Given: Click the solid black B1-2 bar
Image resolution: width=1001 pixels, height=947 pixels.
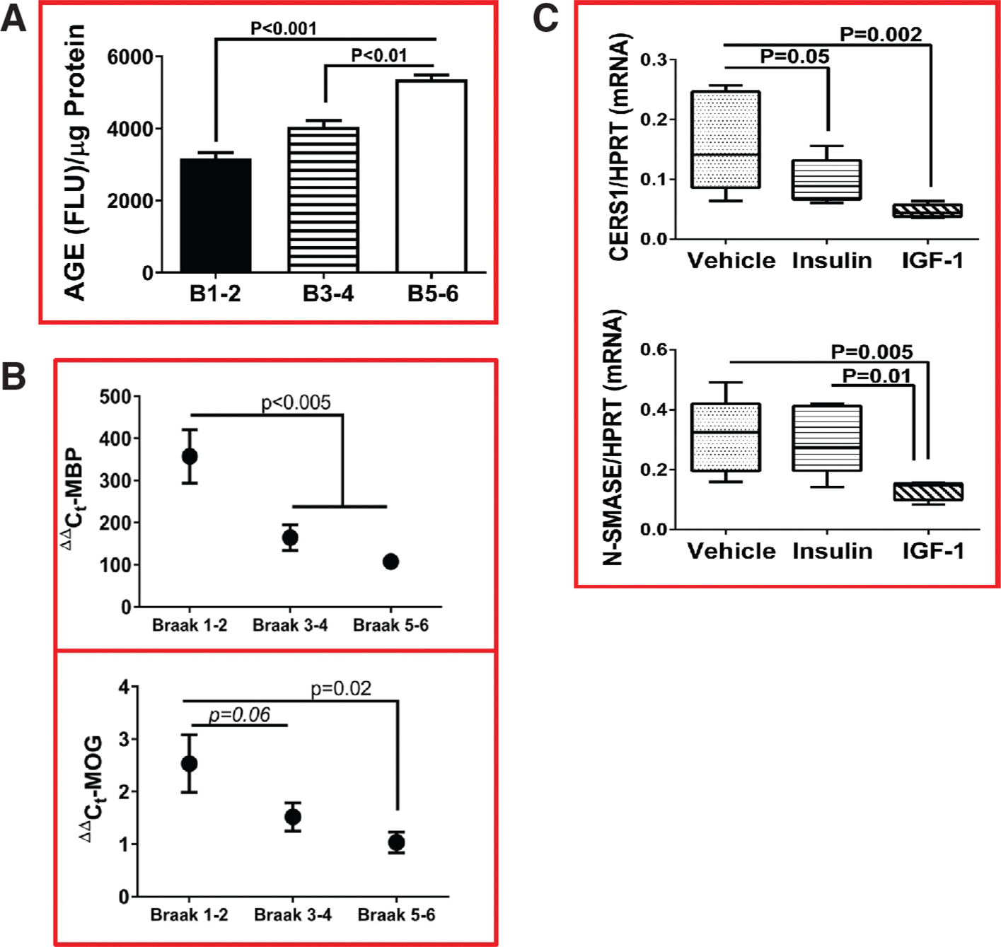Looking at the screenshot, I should point(216,215).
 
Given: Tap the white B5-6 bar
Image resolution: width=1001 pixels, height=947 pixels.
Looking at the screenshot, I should point(432,176).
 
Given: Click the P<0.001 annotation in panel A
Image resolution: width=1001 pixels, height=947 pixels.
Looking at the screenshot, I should point(284,28).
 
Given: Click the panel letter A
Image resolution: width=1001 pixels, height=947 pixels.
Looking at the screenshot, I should point(14,19).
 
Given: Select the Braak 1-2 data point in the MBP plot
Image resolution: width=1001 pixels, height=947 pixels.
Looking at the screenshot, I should point(190,456).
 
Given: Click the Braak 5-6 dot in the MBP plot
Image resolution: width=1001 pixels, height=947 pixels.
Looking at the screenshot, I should point(390,562).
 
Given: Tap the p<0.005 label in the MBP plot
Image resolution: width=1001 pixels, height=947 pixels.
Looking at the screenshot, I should point(296,402).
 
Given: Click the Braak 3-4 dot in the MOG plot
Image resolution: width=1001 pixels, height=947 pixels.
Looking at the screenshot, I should point(293,817).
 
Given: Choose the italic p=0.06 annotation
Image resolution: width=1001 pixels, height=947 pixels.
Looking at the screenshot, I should point(240,715).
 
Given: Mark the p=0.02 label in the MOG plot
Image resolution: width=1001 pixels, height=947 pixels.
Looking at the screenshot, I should point(341,688).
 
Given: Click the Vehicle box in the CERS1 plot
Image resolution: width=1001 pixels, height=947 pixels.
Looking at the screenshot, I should point(726,139).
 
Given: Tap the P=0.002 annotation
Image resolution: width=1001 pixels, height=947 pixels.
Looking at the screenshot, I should point(881,34).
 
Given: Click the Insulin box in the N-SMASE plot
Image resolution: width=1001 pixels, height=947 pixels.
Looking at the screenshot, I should point(827,438).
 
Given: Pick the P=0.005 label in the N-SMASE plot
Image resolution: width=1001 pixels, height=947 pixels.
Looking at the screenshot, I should point(872,352).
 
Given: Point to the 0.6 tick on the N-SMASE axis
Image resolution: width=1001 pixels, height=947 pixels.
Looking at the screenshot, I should point(654,350).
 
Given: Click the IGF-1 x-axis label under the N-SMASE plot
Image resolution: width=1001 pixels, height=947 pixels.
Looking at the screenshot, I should point(933,551).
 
